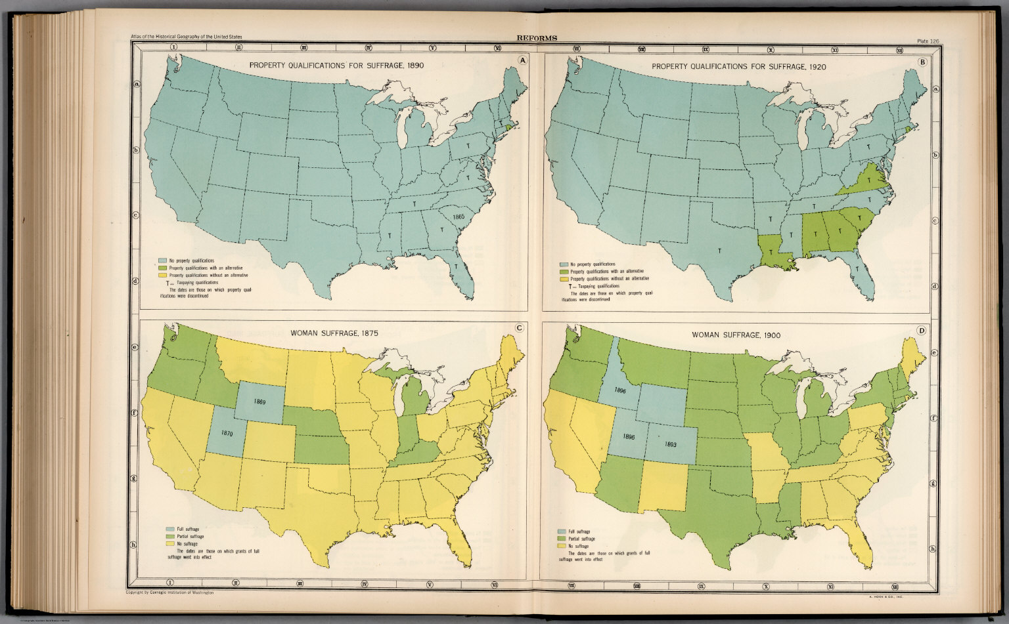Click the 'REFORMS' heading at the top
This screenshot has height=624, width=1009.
pos(536,38)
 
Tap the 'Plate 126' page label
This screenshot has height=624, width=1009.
pos(928,41)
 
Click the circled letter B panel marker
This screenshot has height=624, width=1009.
pos(922,62)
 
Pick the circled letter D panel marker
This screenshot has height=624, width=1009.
pos(921,330)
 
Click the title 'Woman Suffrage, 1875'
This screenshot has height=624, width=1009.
pos(340,333)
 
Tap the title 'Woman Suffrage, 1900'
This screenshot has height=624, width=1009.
pos(736,335)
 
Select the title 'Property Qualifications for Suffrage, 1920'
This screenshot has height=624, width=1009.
pos(738,66)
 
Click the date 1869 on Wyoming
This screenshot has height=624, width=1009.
pos(259,402)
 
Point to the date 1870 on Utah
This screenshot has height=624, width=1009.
pos(227,433)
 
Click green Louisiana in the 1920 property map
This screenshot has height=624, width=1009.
pos(773,253)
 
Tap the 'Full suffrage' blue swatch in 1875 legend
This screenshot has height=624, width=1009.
pos(170,529)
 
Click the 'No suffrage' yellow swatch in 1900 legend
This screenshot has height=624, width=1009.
pos(562,545)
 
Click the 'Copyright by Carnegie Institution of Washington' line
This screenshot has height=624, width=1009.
pos(169,593)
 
